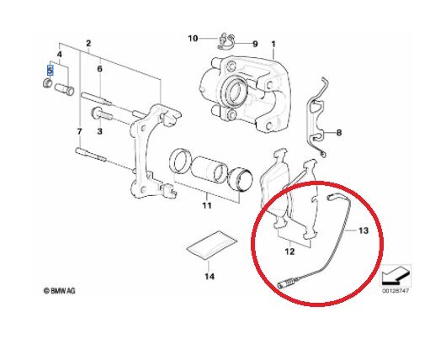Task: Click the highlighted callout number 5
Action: coord(50,71)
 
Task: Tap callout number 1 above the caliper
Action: coord(273,44)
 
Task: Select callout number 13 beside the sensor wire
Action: coord(364,230)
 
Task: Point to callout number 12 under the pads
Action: coord(289,251)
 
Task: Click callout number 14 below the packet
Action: coord(210,276)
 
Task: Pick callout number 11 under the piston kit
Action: coord(207,205)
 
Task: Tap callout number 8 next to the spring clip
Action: coord(339,133)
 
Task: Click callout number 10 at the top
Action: coord(193,38)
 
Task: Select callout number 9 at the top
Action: coord(255,44)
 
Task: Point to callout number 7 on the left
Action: coord(79,132)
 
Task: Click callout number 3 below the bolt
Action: coord(99,131)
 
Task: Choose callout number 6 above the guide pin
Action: coord(99,69)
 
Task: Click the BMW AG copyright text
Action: coord(60,291)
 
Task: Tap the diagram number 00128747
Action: coord(396,291)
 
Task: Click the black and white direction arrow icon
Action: coord(396,276)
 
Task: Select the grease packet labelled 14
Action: coord(212,245)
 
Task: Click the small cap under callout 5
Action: coord(48,82)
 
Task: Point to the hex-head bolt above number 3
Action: coord(102,114)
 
